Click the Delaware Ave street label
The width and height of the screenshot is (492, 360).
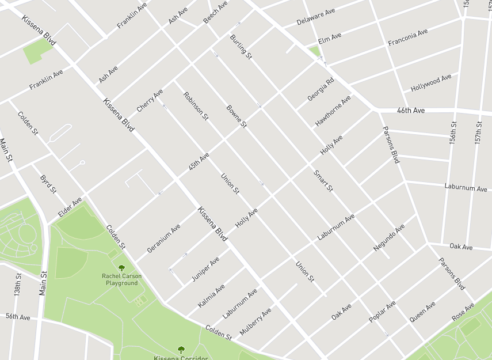tap(316, 17)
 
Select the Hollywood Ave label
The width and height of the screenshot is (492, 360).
tap(431, 83)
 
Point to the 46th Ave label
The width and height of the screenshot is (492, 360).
tap(411, 110)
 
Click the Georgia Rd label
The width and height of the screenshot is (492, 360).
tap(321, 90)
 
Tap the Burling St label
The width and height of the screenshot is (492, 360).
tap(241, 47)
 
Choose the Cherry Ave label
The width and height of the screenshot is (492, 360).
tap(150, 101)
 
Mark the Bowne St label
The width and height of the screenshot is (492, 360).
tap(236, 116)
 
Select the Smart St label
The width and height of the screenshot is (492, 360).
tap(323, 180)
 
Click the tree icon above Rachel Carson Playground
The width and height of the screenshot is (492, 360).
tap(121, 268)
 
